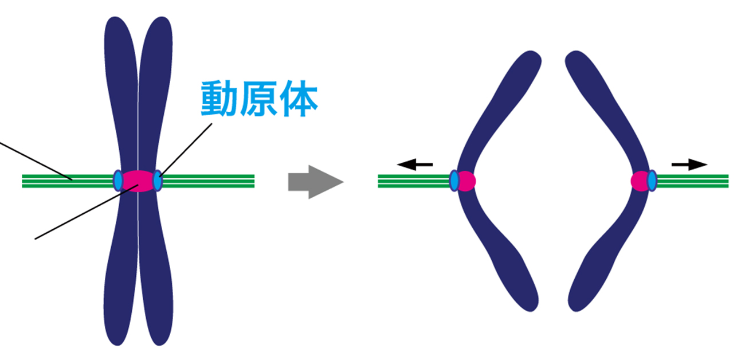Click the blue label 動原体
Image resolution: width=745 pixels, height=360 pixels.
[x=258, y=99]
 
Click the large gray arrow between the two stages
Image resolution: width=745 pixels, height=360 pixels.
[x=315, y=182]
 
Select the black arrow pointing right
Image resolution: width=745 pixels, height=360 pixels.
[x=689, y=165]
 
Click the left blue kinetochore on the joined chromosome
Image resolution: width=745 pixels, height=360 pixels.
[x=118, y=181]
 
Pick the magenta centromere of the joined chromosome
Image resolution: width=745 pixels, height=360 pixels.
[x=138, y=180]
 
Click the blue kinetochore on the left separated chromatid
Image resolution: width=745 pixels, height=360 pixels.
[x=454, y=181]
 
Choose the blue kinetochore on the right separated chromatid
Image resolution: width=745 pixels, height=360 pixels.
[x=652, y=181]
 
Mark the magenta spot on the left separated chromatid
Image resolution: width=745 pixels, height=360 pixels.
[x=466, y=181]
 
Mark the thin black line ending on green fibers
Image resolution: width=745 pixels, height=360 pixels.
[x=34, y=161]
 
